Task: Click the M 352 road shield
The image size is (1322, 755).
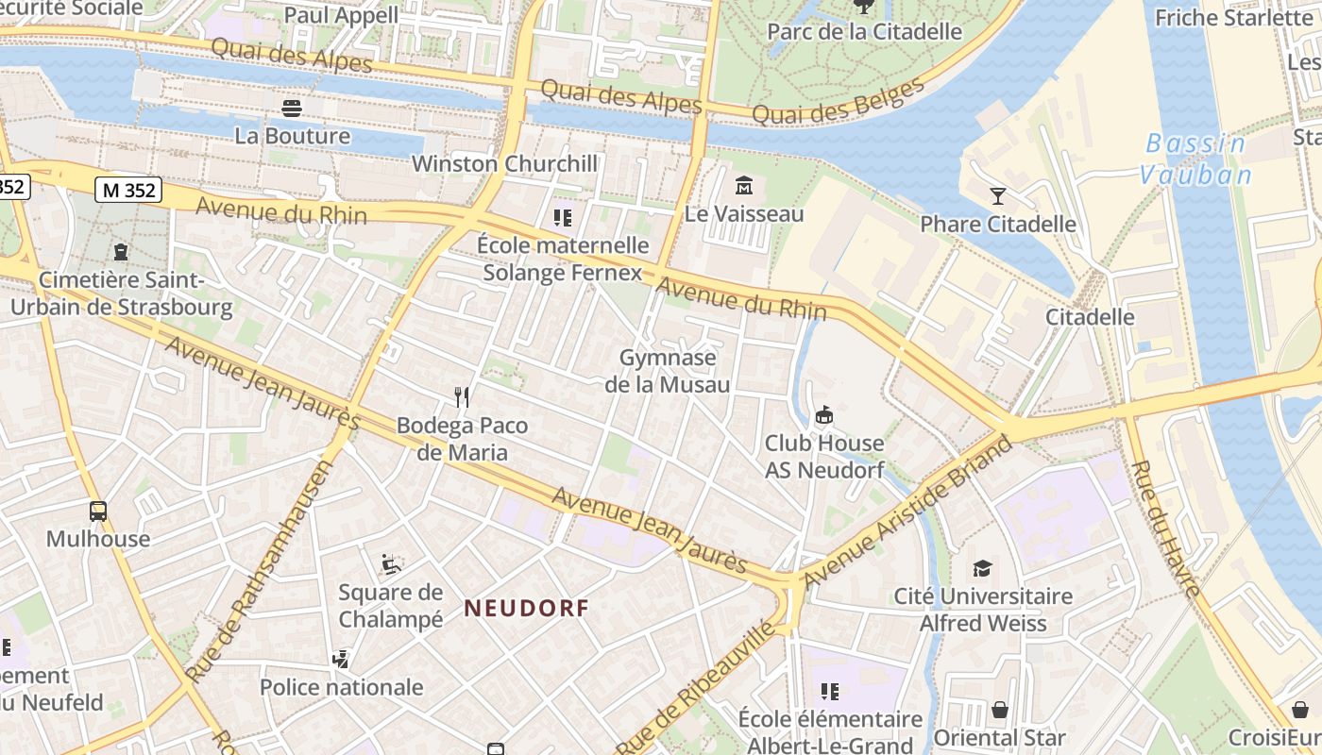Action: click(x=128, y=190)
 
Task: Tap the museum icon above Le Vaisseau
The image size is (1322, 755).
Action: click(x=743, y=184)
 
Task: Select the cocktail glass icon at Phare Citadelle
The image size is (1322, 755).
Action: click(x=998, y=196)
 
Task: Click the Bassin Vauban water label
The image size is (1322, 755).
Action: click(x=1195, y=159)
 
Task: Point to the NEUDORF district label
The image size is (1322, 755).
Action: click(x=526, y=609)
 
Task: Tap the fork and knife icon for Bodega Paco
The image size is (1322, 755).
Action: click(x=462, y=397)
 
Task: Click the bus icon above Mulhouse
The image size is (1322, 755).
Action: click(x=98, y=512)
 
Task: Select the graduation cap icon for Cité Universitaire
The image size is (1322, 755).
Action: click(x=983, y=568)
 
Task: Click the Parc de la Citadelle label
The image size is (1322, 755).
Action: click(x=864, y=31)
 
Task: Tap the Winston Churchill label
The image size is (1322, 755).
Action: click(x=504, y=163)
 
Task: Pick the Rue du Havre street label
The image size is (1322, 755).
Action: click(x=1165, y=529)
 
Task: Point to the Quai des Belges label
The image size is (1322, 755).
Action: click(x=839, y=101)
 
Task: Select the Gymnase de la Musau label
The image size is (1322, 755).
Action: click(x=668, y=371)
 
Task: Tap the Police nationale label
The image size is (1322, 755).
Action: click(x=341, y=687)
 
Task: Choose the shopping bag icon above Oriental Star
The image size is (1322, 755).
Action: click(x=999, y=710)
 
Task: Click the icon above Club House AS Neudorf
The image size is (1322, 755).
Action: click(x=824, y=414)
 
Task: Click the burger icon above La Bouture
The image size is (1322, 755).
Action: click(x=292, y=108)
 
